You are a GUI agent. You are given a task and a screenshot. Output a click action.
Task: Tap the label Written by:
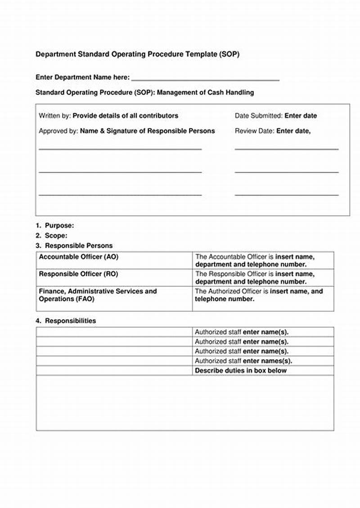[54, 116]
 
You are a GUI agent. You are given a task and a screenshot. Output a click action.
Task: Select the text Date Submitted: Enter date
[275, 116]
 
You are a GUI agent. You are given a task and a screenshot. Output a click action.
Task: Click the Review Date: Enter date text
[272, 131]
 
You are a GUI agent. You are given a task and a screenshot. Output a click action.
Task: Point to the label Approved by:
[58, 131]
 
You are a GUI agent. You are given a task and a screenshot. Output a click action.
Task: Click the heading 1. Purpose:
[55, 226]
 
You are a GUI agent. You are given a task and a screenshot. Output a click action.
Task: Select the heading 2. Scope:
[52, 236]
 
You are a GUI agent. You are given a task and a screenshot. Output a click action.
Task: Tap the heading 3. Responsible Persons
[74, 246]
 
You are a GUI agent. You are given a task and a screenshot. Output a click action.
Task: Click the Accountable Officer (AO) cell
[79, 257]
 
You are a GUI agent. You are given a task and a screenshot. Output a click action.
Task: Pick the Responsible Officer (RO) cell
[79, 274]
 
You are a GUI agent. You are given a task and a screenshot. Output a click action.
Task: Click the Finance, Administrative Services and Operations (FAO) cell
[98, 295]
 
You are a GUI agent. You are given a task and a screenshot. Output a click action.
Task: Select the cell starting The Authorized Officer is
[259, 295]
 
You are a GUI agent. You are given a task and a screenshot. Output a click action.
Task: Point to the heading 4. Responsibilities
[66, 321]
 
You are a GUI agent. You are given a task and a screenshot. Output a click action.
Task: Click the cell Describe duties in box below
[240, 371]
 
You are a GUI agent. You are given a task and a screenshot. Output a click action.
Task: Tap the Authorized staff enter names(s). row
[243, 361]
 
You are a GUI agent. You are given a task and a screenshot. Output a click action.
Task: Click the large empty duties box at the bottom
[184, 403]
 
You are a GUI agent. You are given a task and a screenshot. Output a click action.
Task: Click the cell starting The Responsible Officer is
[255, 278]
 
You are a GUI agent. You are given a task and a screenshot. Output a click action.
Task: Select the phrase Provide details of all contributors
[126, 116]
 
